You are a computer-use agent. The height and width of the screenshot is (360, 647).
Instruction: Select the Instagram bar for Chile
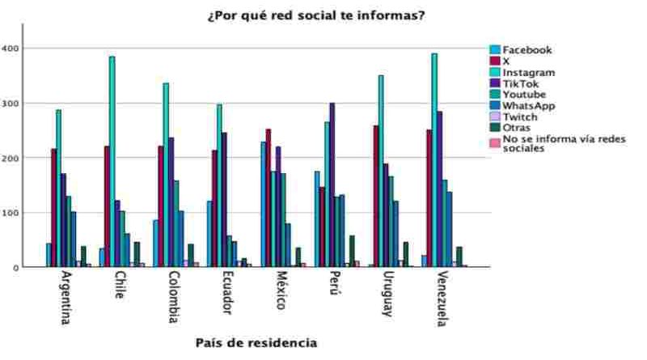point(112,162)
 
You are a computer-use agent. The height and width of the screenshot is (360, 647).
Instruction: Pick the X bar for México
point(269,197)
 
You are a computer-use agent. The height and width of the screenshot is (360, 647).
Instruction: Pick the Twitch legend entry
point(520,117)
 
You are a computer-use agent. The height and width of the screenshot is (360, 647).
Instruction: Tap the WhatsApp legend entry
point(528,106)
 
